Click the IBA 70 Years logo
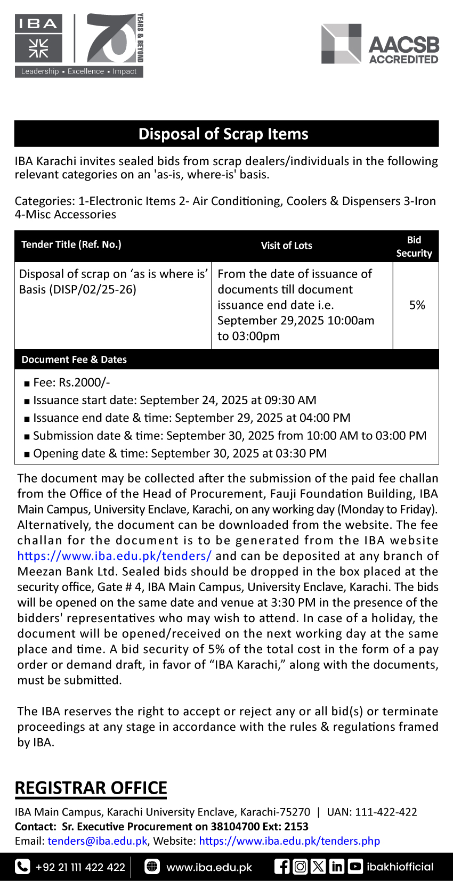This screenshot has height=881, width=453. pos(79,45)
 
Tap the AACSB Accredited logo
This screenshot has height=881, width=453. pos(380,45)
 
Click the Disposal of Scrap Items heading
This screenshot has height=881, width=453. pos(223,134)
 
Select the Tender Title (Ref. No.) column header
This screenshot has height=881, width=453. pos(71,244)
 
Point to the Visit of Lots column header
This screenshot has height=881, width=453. pos(286,246)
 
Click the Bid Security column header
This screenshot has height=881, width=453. pos(414,247)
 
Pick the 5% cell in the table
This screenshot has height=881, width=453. pos(417,305)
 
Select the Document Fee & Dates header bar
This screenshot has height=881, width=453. pos(74,360)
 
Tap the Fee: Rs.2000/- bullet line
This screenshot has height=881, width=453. pos(71,382)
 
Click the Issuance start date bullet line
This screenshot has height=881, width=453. pos(174,400)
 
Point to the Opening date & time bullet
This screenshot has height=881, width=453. pos(180,453)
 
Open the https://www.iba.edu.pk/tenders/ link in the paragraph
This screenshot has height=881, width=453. pos(114,556)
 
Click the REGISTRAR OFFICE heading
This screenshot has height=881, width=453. pos(91,788)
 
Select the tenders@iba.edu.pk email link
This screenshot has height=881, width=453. pos(98,841)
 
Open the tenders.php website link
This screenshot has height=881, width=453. pos(289,841)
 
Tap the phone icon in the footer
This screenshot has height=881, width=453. pos(22,867)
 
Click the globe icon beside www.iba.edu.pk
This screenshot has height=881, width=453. pos(152,867)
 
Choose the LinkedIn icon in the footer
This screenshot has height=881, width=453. pos(336,867)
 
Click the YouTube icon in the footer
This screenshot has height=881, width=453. pos(355,867)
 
